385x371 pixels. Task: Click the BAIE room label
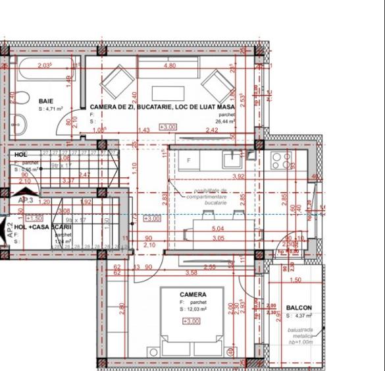coord(45,101)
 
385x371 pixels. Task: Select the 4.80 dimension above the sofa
coord(169,66)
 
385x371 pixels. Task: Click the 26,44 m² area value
coord(224,121)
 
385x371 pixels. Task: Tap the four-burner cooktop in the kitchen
coord(282,160)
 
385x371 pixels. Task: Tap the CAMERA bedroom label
coord(193,295)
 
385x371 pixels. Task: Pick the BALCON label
coord(299,307)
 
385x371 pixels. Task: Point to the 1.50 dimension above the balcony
coord(295,280)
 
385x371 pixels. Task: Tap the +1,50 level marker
coord(34,217)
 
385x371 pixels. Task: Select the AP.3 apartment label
coord(26,200)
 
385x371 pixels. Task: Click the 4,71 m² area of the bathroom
coord(51,109)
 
